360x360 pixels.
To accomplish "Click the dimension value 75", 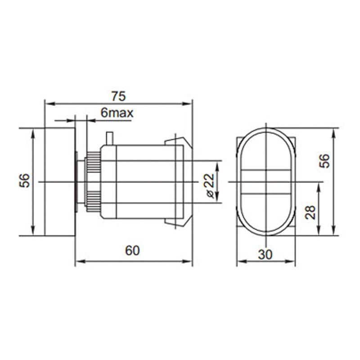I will (x=118, y=96).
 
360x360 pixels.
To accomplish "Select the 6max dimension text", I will (x=117, y=113).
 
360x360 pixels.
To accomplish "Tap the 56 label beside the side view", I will (x=26, y=181).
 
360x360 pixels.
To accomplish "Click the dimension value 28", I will (x=310, y=211).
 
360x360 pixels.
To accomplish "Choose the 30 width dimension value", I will (x=265, y=255).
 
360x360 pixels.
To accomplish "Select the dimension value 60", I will (x=132, y=251).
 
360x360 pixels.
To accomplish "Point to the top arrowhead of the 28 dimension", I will (x=319, y=186).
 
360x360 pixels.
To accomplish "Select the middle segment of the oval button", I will (x=265, y=182).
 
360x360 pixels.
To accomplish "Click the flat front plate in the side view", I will (x=59, y=182).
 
